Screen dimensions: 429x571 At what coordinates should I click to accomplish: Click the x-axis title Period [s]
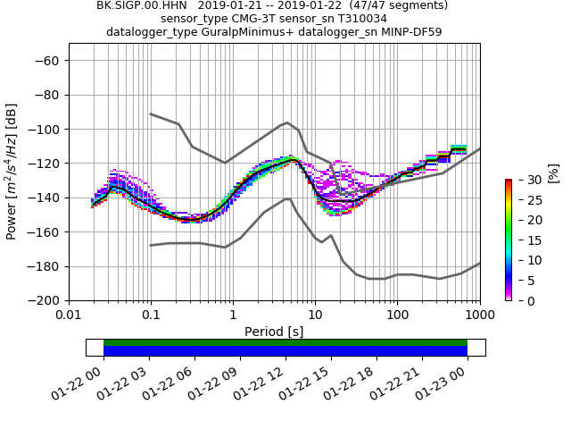274,331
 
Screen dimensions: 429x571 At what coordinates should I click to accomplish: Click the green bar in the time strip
285,342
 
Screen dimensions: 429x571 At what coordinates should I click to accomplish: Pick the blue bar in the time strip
285,351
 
